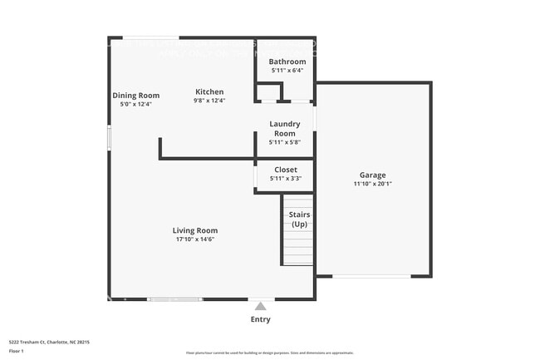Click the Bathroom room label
287,62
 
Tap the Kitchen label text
209,91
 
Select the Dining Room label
135,95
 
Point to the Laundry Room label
284,129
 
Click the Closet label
285,170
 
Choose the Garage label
372,175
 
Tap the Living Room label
195,230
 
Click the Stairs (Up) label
299,219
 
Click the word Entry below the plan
260,319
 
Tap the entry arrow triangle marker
261,306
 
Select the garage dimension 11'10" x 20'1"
372,184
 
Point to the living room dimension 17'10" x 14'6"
195,239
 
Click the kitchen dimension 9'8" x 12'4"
209,101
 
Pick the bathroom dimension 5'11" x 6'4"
287,71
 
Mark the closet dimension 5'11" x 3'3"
285,178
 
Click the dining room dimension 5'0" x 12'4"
135,104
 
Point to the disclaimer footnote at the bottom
270,353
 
